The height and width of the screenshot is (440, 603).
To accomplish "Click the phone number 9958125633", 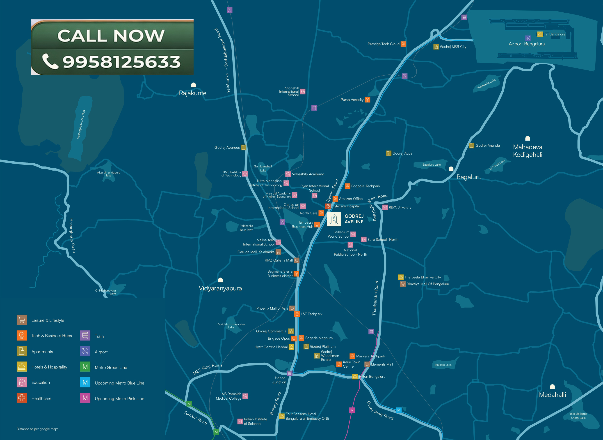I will click(x=121, y=62).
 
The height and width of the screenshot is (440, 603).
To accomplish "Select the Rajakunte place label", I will click(x=193, y=93).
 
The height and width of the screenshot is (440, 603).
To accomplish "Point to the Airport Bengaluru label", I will click(x=527, y=44).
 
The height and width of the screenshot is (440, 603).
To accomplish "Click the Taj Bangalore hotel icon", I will click(x=540, y=34).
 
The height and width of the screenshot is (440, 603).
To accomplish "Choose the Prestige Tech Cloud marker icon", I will click(x=403, y=44).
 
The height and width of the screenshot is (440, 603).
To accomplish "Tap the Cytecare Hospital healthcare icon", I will click(x=328, y=206).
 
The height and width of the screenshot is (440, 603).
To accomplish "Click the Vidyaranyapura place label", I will click(x=220, y=288).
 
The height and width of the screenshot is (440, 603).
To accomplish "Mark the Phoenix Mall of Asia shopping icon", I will click(x=292, y=308).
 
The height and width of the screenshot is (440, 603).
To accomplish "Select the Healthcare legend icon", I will click(x=22, y=398).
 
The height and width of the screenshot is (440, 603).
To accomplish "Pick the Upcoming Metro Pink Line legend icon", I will click(x=85, y=398).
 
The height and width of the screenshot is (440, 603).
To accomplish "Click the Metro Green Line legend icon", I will click(x=85, y=367).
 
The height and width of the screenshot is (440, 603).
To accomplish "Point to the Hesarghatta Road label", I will click(x=72, y=235).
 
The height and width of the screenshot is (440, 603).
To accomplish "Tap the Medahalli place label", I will click(x=553, y=395).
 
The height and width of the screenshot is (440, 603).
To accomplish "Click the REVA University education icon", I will click(x=385, y=208).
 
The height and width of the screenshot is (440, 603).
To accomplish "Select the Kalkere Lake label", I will click(x=443, y=365).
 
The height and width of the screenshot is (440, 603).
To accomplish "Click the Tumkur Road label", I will click(x=196, y=418).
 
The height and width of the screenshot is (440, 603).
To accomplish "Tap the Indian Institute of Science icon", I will click(x=240, y=421).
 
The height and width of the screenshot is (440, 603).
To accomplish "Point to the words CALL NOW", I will click(x=111, y=35).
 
